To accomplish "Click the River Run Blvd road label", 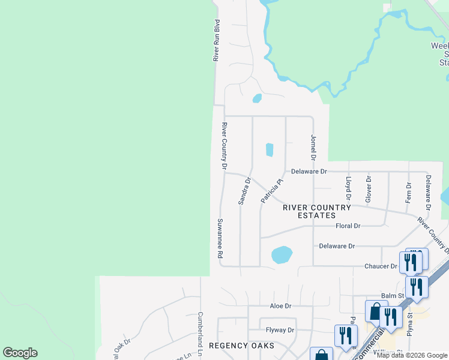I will click(217, 40).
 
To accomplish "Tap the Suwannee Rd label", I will click(220, 238).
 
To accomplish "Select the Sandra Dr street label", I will click(244, 191).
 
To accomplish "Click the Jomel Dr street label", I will click(313, 148).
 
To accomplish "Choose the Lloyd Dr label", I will click(348, 188).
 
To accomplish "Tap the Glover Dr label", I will click(369, 188).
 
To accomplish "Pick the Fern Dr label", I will click(408, 192).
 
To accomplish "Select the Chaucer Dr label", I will click(381, 266).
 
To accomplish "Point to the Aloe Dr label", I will click(280, 305).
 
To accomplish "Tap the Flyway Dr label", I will click(280, 330).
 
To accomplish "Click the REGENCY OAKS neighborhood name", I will click(241, 346).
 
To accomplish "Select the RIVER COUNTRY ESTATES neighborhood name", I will click(316, 211).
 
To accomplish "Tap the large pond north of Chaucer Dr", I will click(282, 254).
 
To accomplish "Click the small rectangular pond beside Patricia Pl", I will click(270, 149).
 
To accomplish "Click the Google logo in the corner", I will click(20, 353).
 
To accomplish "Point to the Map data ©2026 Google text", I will click(412, 355).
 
